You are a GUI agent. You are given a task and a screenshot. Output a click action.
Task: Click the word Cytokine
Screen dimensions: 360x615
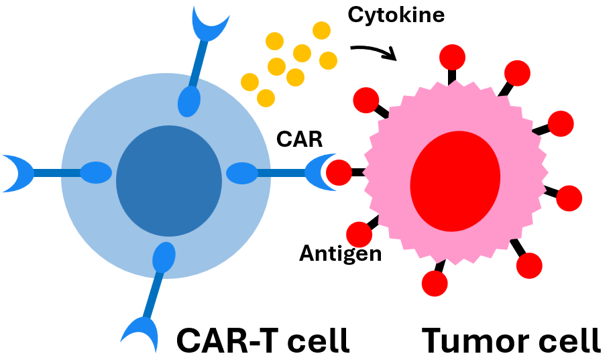pos(396,14)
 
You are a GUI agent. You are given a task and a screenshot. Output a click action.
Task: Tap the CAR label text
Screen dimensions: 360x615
pos(299,139)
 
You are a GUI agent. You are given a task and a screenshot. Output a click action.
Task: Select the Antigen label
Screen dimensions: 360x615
pos(340,253)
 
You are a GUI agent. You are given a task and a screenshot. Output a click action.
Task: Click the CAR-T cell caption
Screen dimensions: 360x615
pos(263,340)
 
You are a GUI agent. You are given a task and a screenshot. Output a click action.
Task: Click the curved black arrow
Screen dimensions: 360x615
pos(374,52)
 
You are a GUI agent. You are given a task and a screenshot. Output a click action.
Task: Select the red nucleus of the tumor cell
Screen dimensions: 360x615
pos(455,177)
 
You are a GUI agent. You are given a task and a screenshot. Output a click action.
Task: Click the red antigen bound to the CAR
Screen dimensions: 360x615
pos(339,172)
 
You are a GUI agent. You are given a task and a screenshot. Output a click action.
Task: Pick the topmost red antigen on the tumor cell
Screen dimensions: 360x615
pos(451,56)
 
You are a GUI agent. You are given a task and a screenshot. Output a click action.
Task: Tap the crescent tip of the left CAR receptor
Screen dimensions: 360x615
pos(17,173)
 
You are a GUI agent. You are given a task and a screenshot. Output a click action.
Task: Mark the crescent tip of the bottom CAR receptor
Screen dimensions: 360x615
pos(139,332)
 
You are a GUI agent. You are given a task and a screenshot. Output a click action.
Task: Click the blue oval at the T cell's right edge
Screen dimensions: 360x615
pos(241,174)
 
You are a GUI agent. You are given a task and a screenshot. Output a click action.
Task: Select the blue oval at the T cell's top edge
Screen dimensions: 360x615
pos(189,101)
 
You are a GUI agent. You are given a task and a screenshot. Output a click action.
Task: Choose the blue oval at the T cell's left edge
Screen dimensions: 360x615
pos(96,173)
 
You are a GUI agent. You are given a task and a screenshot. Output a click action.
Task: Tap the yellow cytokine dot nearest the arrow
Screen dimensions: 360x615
pos(328,60)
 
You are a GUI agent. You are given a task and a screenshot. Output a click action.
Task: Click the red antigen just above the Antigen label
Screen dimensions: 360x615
pos(359,234)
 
